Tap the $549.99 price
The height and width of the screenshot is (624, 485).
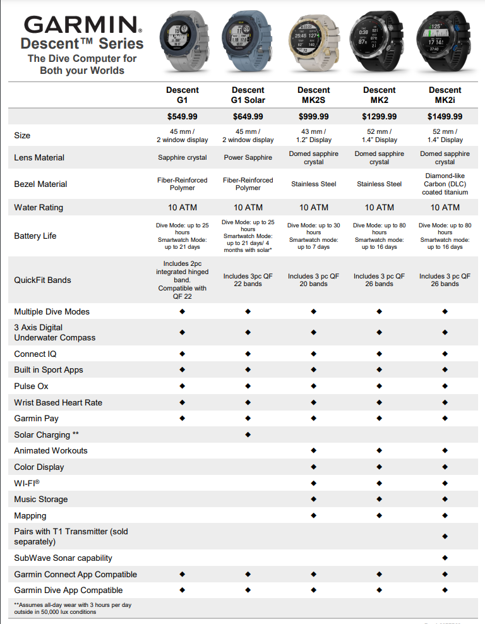pos(182,117)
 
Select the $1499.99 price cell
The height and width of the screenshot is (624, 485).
pos(445,117)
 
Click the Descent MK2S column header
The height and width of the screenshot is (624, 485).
pos(313,95)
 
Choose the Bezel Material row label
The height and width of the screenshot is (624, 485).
pos(40,184)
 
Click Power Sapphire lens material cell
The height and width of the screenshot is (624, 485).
pos(248,158)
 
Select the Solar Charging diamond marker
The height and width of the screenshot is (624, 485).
pos(248,435)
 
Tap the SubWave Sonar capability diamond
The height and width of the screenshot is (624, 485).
pos(445,558)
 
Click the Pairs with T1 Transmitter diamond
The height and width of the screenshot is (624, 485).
pos(445,536)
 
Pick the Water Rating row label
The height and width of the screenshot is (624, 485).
pos(39,207)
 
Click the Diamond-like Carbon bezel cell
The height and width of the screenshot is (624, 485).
pos(445,184)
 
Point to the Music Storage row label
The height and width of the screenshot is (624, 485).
pos(40,499)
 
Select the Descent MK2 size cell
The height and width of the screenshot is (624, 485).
pos(379,135)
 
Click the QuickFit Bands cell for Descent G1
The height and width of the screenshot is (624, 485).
pos(182,280)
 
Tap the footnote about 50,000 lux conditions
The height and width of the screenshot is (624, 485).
pos(73,608)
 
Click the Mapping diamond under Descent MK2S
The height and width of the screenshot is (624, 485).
pos(314,515)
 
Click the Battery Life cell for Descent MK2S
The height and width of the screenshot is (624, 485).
pos(313,236)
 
